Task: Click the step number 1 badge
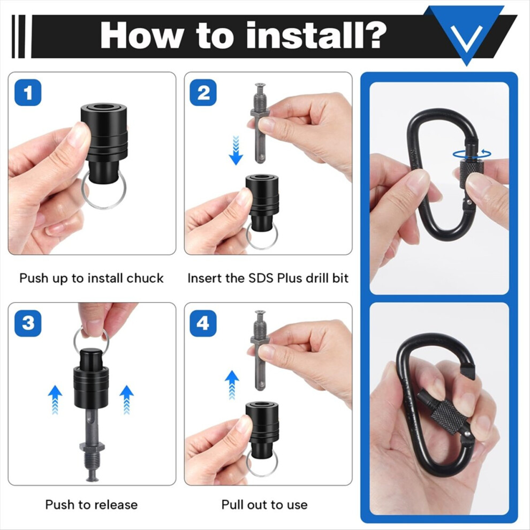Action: click(x=28, y=93)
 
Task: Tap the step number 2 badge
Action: click(x=203, y=93)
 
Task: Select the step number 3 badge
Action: click(x=28, y=323)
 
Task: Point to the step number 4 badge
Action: click(x=203, y=323)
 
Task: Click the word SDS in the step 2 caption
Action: click(x=261, y=278)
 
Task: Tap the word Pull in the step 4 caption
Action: click(x=233, y=505)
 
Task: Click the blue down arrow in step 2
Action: click(x=236, y=150)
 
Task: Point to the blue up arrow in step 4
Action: click(x=232, y=385)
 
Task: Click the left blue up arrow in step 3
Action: click(x=55, y=399)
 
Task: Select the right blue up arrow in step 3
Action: click(x=127, y=399)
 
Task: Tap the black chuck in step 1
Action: click(x=104, y=142)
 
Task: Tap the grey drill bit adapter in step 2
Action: click(x=260, y=123)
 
